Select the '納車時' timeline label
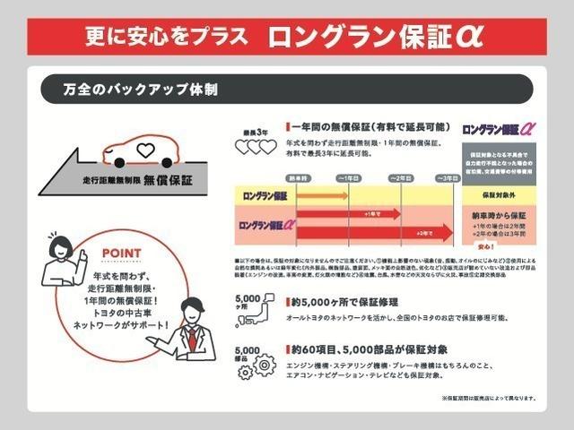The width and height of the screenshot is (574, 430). pyautogui.click(x=297, y=177)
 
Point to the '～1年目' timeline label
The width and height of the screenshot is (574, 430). pyautogui.click(x=348, y=177)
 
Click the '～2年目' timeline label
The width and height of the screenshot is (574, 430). pyautogui.click(x=400, y=177)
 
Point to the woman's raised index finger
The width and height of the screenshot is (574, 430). pyautogui.click(x=83, y=254)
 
